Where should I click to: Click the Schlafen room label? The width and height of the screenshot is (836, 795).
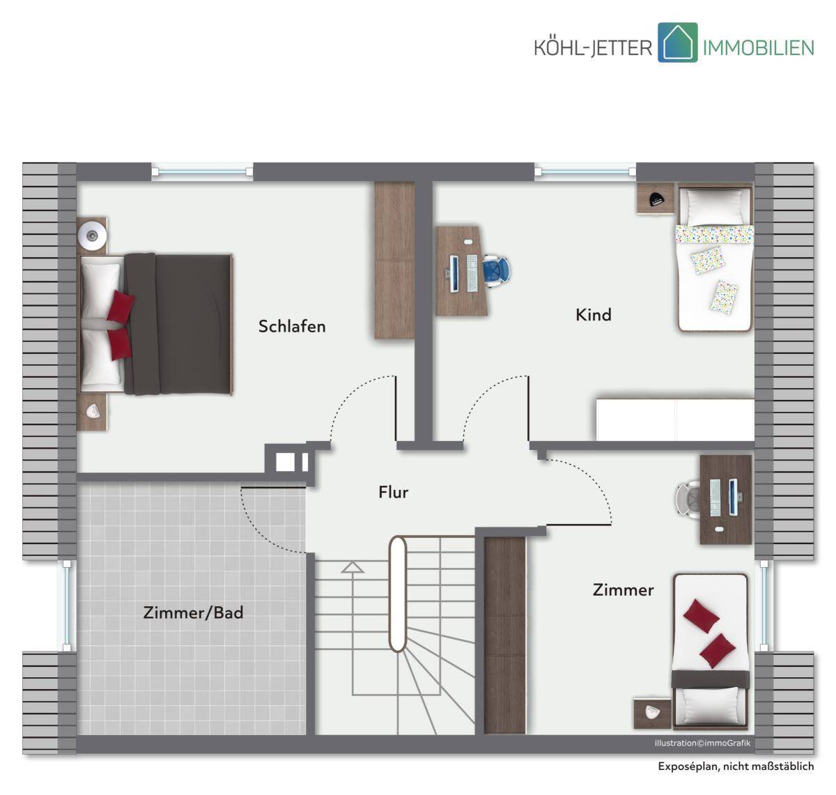point(292,327)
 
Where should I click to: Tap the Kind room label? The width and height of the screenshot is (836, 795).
point(593,315)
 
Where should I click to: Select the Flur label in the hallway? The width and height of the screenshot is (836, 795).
point(394,493)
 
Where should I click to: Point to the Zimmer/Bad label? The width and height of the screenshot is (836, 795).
point(193,613)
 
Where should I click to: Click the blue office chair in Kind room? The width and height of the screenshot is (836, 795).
point(497,271)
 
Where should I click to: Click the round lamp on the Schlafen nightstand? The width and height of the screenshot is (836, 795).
point(92,236)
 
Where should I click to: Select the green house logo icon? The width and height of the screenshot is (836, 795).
point(677,43)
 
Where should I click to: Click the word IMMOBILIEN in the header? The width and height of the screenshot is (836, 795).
point(758,47)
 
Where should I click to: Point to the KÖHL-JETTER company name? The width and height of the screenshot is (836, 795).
point(593,47)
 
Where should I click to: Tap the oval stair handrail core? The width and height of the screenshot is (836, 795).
point(398,594)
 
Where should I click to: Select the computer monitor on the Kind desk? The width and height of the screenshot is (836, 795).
point(454,274)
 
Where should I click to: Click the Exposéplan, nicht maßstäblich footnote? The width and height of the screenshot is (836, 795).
point(736,766)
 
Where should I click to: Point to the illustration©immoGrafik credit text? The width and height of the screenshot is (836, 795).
point(702,743)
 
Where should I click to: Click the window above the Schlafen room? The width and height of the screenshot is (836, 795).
point(203,172)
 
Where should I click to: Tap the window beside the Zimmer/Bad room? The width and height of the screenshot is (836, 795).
point(67,605)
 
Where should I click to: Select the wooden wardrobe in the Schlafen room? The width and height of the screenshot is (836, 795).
point(394,261)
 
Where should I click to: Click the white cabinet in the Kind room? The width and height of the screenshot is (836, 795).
point(675,419)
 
